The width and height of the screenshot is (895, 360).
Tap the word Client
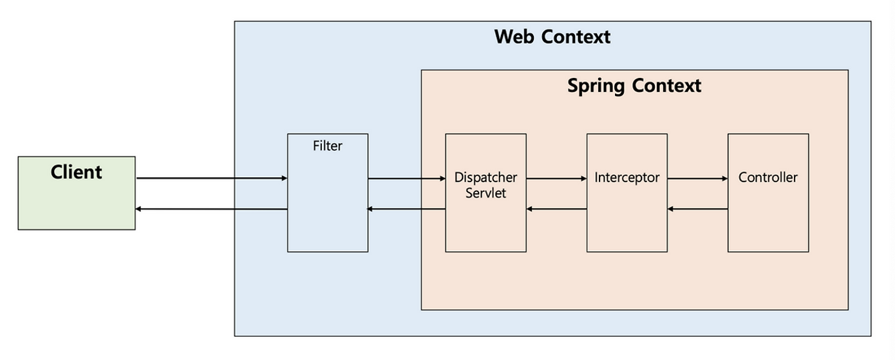(76, 173)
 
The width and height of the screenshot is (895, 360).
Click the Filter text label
(327, 146)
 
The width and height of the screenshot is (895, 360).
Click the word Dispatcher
(485, 178)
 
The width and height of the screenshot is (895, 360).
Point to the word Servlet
(485, 193)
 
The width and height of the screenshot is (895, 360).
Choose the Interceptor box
(626, 219)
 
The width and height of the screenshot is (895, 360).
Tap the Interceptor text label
(626, 178)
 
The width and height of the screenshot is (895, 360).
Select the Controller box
(768, 219)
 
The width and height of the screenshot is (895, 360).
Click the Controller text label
(768, 178)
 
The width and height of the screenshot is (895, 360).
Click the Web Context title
(552, 37)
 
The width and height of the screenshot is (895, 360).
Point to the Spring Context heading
(634, 86)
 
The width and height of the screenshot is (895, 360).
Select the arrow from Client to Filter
(212, 178)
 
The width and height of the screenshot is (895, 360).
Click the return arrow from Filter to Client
(212, 209)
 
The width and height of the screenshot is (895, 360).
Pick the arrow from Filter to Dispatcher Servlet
(406, 178)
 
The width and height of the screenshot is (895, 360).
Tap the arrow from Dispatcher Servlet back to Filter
(406, 209)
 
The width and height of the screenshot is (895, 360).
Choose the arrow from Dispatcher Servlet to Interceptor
(556, 178)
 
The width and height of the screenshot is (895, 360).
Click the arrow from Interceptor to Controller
(697, 178)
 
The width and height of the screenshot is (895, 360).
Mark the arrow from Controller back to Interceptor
(697, 209)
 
